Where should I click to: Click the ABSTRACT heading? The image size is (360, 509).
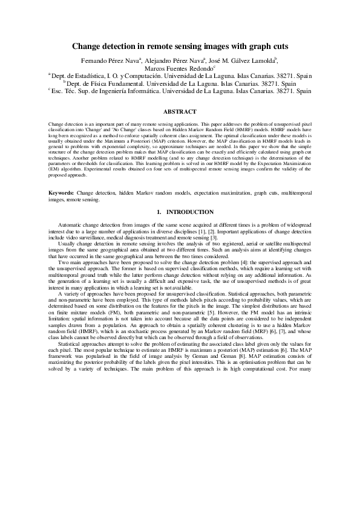click(x=180, y=111)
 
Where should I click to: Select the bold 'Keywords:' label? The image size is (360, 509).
click(x=61, y=192)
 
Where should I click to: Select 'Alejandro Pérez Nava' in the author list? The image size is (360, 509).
click(x=176, y=60)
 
